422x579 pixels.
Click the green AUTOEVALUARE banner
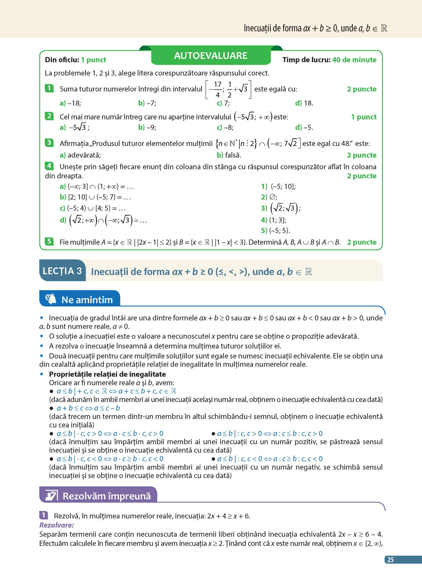[x=210, y=56]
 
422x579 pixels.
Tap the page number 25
[x=390, y=559]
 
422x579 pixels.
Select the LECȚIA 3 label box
[x=62, y=271]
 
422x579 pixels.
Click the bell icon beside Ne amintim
[x=51, y=299]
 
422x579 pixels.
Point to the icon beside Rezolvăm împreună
[x=51, y=495]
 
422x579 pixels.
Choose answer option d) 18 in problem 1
[x=304, y=103]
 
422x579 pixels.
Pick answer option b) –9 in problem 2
[x=147, y=128]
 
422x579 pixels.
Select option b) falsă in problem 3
[x=229, y=155]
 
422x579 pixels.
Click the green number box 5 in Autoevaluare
[x=49, y=241]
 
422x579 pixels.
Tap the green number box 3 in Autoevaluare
[x=49, y=142]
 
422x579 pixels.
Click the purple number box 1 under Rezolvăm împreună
[x=43, y=515]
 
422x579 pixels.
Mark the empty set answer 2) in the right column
[x=269, y=197]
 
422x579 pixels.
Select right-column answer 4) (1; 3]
[x=274, y=220]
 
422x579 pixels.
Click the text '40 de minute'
[x=354, y=60]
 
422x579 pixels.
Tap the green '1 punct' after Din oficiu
[x=93, y=60]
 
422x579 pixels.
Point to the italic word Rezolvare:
[x=57, y=525]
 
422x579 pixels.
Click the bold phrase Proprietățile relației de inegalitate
[x=107, y=374]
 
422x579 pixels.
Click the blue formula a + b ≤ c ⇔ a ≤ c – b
[x=88, y=408]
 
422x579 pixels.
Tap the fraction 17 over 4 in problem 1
[x=217, y=89]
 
